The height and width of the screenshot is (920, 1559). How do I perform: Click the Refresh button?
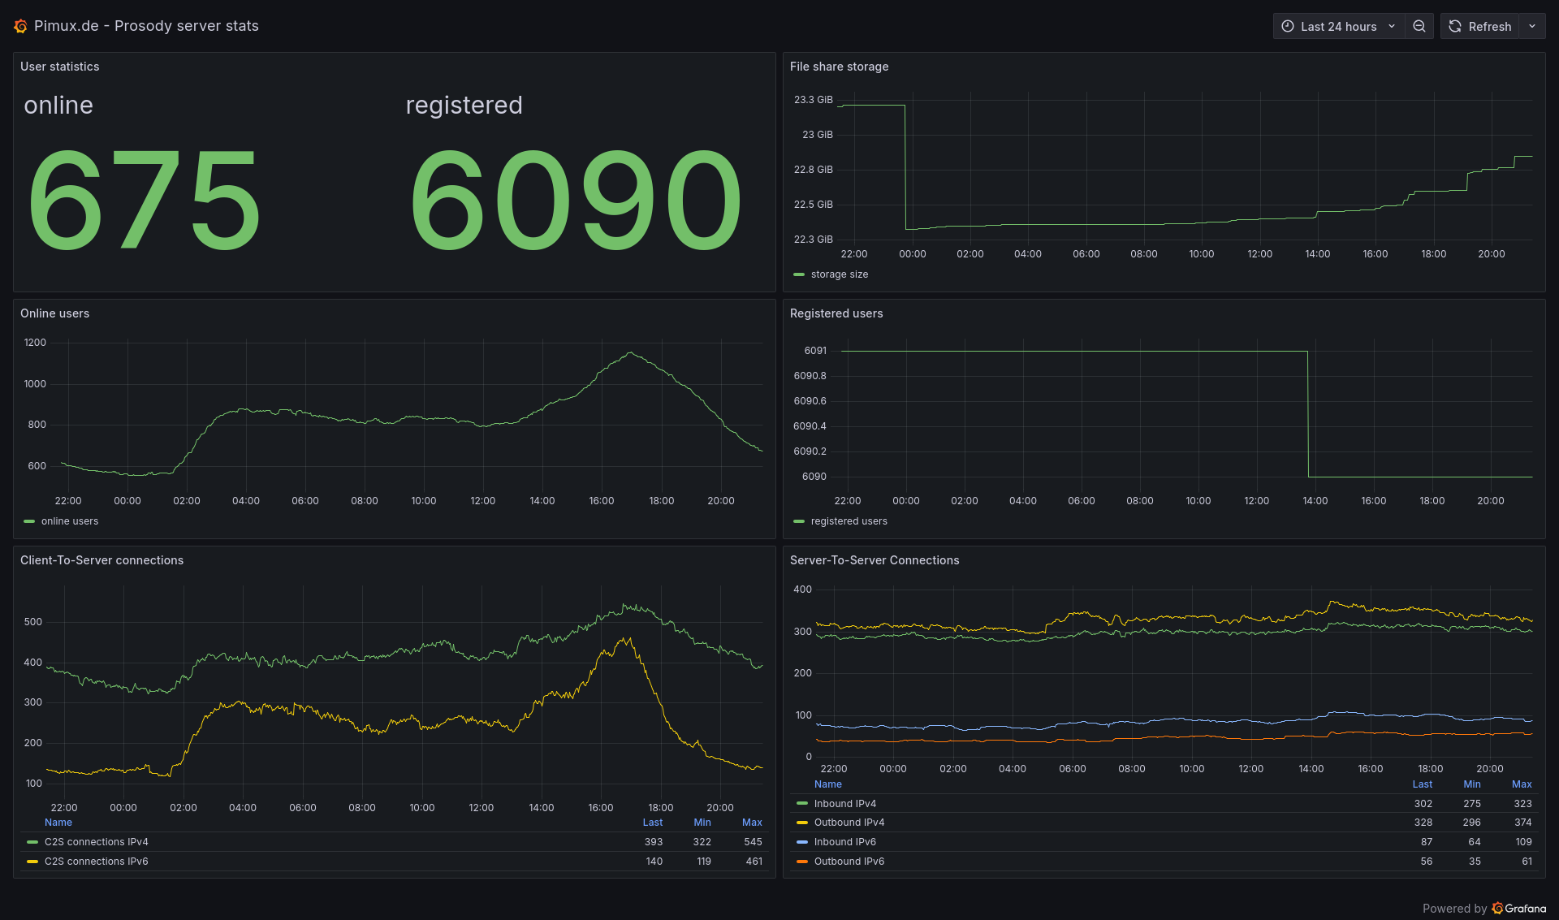coord(1480,26)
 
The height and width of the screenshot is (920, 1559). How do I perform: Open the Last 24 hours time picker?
coord(1338,26)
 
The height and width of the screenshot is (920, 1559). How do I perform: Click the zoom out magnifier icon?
coord(1419,26)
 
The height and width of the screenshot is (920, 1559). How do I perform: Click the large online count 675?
coord(144,200)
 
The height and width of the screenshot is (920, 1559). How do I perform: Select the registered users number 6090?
coord(575,200)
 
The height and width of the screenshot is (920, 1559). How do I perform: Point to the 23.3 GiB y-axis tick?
coord(813,100)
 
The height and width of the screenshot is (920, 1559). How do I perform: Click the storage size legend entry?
coord(839,274)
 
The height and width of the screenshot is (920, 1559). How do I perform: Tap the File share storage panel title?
coord(839,67)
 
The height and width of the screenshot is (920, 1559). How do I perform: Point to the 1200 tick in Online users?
coord(35,343)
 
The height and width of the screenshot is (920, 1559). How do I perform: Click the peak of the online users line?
coord(631,352)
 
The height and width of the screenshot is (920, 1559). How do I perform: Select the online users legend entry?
coord(69,521)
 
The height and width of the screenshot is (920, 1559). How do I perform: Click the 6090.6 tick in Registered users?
coord(810,401)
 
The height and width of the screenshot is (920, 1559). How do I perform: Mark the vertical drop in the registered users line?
coord(1308,414)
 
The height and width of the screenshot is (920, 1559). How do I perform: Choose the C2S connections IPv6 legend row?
coord(96,862)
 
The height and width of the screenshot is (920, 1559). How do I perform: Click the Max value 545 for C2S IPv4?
coord(753,842)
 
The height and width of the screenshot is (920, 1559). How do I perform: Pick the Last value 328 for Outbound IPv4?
coord(1423,823)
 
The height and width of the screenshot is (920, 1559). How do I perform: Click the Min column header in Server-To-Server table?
coord(1471,784)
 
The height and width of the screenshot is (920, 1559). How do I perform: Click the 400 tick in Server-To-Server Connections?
coord(802,590)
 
